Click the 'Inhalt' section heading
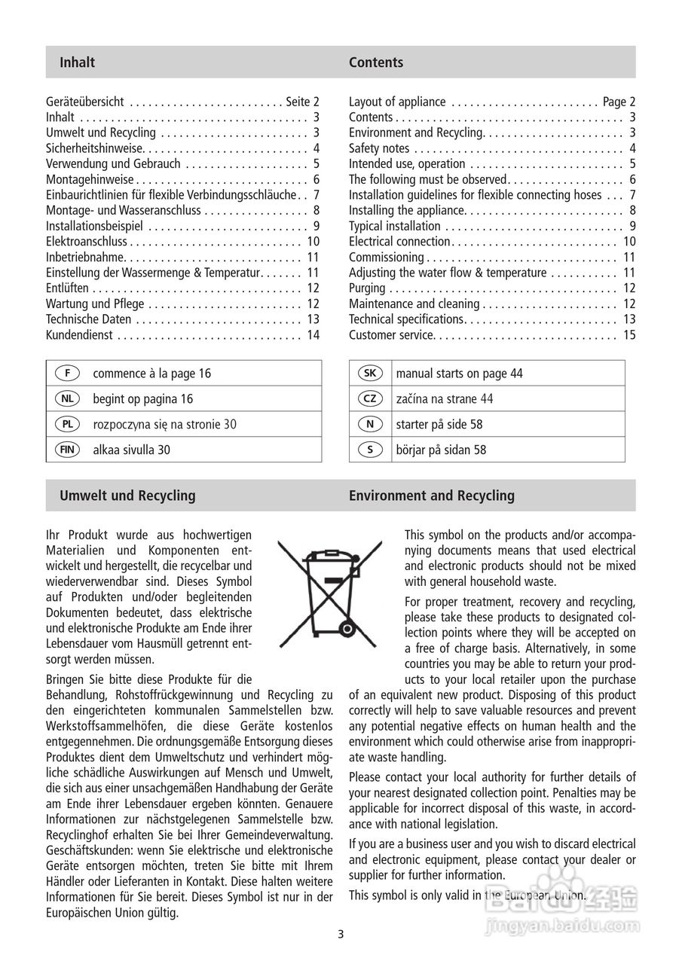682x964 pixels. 77,63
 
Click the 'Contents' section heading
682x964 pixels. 375,63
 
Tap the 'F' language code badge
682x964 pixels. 68,374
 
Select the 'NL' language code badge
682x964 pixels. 68,399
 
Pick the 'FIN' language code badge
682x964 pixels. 68,450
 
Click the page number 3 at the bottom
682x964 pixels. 341,935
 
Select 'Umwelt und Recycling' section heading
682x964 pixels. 127,496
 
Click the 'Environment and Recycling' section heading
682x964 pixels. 431,496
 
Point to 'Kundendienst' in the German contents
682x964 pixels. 79,335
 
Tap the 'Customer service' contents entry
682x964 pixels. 391,335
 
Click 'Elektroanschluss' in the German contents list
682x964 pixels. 87,242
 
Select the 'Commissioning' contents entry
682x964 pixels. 386,258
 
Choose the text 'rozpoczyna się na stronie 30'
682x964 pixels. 164,425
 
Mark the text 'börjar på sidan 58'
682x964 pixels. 441,450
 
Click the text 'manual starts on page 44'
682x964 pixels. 459,374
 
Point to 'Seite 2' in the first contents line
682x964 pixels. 303,102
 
